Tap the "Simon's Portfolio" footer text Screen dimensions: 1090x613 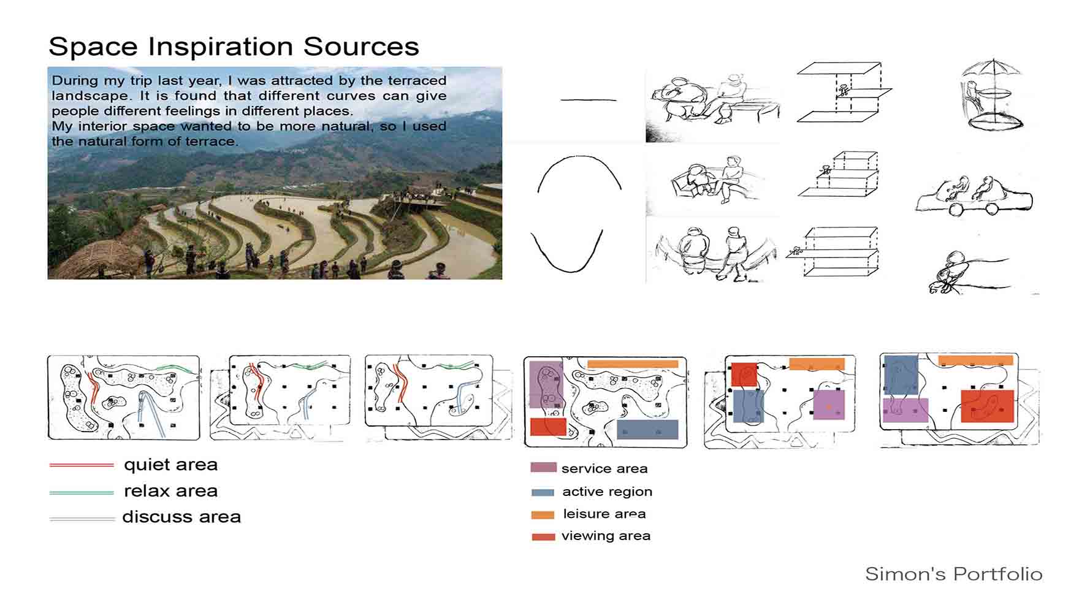click(954, 574)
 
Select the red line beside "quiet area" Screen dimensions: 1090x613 click(82, 465)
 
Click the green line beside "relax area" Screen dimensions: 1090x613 click(82, 492)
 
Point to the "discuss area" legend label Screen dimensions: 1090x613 click(181, 517)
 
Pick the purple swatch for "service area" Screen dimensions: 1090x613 click(543, 468)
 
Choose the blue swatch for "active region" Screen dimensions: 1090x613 click(543, 492)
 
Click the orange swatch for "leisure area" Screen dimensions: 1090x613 click(543, 515)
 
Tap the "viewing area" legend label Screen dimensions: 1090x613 click(606, 536)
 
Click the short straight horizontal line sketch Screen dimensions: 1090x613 click(589, 100)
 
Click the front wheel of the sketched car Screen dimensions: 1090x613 click(956, 210)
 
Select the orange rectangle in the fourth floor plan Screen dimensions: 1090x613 click(633, 364)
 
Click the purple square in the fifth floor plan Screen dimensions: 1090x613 click(829, 405)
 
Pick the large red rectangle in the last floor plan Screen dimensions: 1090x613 click(987, 406)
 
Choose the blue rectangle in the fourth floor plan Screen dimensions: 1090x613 click(647, 429)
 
